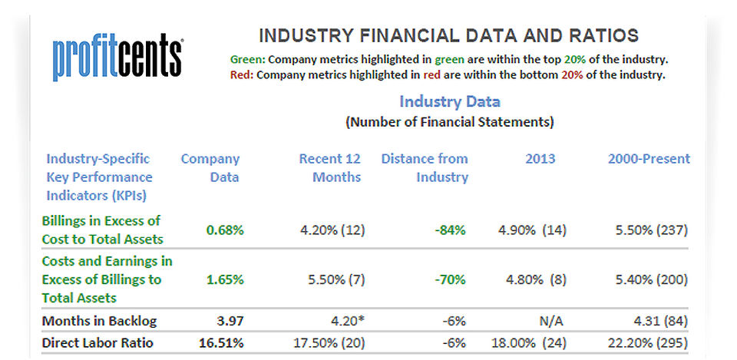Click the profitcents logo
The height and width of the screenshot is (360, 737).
coord(117,58)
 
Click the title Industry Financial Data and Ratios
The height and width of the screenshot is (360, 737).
coord(448,35)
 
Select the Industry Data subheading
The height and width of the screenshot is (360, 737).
coord(449,101)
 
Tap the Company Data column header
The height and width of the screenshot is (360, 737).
coord(210,168)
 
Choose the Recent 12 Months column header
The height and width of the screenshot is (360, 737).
coord(329,168)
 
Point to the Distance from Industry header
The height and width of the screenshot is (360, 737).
coord(425,168)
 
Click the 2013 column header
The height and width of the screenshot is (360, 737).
coord(540,159)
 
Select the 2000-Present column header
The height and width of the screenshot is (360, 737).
coord(648,159)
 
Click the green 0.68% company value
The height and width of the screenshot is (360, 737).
coord(225,230)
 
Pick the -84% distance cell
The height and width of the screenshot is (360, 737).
coord(449,230)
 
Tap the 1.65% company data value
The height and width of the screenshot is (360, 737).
coord(225,279)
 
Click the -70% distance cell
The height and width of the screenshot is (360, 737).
coord(449,279)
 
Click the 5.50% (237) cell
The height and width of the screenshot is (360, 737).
coord(651,230)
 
